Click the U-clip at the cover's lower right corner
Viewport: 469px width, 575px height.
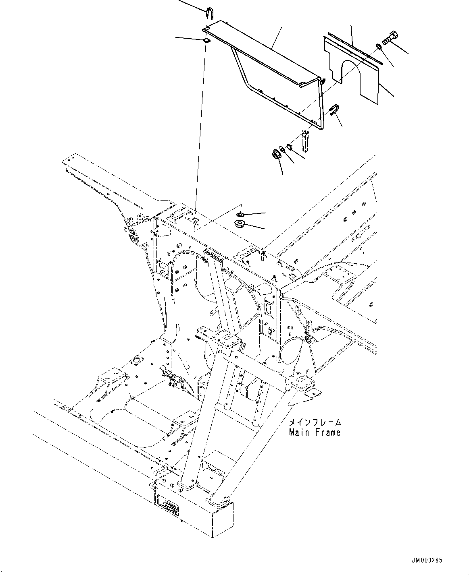[334, 109]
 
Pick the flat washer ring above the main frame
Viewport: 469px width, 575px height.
[240, 214]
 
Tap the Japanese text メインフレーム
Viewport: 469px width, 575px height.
[315, 423]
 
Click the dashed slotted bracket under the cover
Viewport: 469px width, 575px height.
[306, 139]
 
